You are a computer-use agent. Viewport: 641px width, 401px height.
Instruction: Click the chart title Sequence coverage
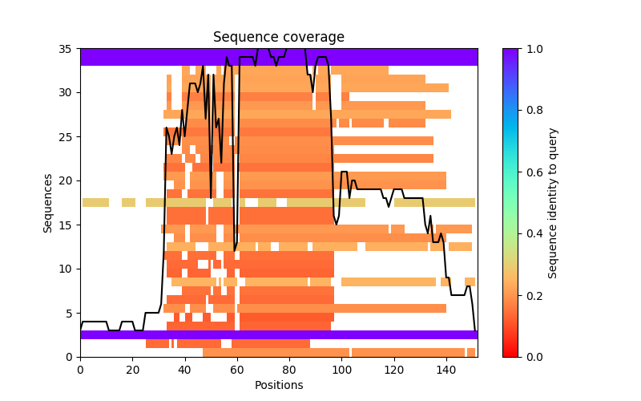pos(278,38)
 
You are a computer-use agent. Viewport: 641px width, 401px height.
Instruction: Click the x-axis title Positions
pos(278,385)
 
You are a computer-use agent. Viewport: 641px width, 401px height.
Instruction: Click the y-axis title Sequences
pos(49,203)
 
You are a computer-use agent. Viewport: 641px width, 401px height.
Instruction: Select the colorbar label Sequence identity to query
pos(553,203)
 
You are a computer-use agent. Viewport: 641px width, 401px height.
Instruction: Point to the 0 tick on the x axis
pos(80,369)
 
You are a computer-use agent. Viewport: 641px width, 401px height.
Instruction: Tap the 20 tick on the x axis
pos(132,369)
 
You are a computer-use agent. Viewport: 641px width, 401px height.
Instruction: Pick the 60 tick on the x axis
pos(237,369)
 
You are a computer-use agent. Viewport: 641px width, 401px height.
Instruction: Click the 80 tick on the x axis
pos(289,369)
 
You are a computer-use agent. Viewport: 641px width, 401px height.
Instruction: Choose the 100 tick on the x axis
pos(341,369)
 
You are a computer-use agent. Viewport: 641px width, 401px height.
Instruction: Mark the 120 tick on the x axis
pos(394,369)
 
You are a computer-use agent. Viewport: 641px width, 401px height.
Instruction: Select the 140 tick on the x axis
pos(446,369)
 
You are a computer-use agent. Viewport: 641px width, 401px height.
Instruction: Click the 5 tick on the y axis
pos(68,313)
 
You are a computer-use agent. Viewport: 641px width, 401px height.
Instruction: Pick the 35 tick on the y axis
pos(66,49)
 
